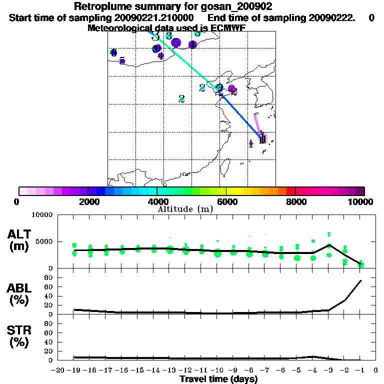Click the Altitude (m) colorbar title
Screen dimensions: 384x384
click(185, 209)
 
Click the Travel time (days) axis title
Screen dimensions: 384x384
click(218, 379)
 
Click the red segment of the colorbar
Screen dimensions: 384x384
click(290, 191)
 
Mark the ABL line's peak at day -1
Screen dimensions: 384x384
click(361, 280)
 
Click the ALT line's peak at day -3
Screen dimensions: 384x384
click(329, 244)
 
